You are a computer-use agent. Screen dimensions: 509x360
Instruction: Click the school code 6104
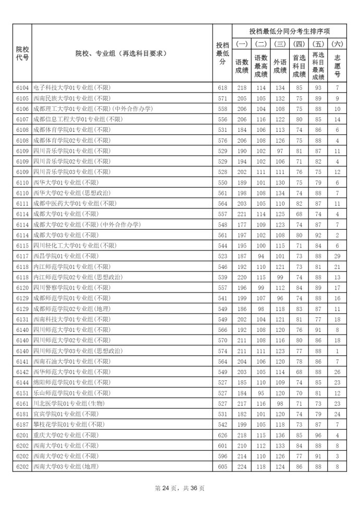tap(22, 88)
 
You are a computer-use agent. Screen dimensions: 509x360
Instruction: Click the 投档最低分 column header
tap(222, 53)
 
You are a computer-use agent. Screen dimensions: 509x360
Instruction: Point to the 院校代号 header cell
tap(22, 53)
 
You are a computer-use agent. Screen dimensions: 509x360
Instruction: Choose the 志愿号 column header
tap(337, 64)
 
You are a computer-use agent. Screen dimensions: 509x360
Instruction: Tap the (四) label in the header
tap(300, 44)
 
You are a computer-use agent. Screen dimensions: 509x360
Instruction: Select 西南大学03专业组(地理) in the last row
tap(66, 466)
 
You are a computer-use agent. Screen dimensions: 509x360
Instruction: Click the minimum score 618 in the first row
tap(222, 88)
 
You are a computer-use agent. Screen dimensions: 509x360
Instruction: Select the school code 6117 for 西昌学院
tap(22, 255)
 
